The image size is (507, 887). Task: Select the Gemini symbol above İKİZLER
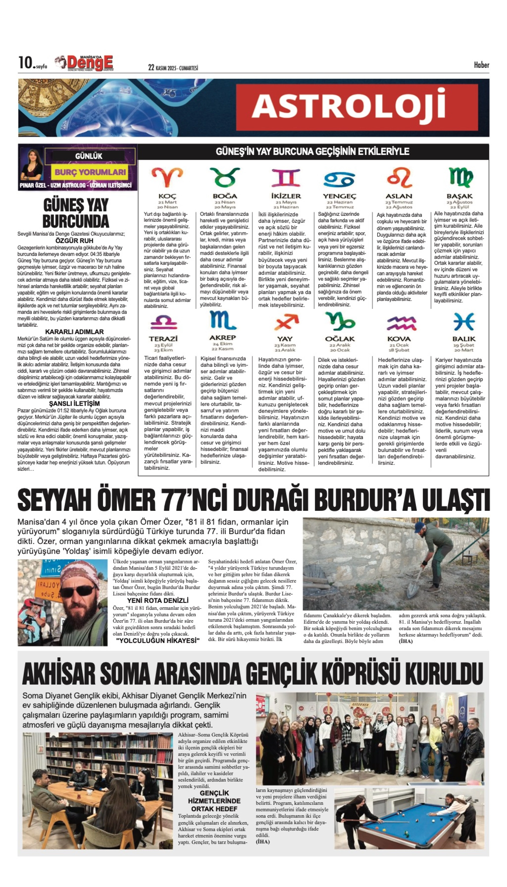coord(286,178)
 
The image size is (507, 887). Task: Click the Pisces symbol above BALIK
coord(464,322)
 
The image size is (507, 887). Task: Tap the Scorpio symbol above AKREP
coord(223,320)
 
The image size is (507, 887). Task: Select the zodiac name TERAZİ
coord(163,339)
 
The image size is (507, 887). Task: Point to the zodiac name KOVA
coord(399,339)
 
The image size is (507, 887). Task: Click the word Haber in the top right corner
coord(481,65)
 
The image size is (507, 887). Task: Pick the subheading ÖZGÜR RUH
coord(74,241)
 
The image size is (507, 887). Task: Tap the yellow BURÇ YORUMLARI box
coord(90,172)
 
